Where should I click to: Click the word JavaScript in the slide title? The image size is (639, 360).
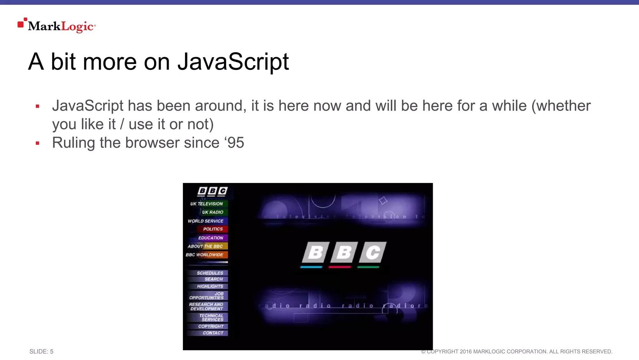coord(233,62)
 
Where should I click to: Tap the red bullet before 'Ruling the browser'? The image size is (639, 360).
coord(37,143)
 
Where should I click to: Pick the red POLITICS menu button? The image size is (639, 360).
coord(213,229)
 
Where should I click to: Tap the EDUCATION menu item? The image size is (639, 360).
coord(211,238)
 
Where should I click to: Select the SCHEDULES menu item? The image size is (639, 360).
coord(210,273)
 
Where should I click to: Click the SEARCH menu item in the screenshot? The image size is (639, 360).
coord(214,279)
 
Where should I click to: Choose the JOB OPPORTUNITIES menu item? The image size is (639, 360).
coord(207,296)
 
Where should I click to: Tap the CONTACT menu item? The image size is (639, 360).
coord(213,333)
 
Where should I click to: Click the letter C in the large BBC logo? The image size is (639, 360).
coord(373,252)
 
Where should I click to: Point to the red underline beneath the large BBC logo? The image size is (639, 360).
coord(340,267)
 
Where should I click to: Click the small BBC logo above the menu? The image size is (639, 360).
coord(212,191)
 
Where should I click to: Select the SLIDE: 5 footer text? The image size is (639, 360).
coord(41,352)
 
